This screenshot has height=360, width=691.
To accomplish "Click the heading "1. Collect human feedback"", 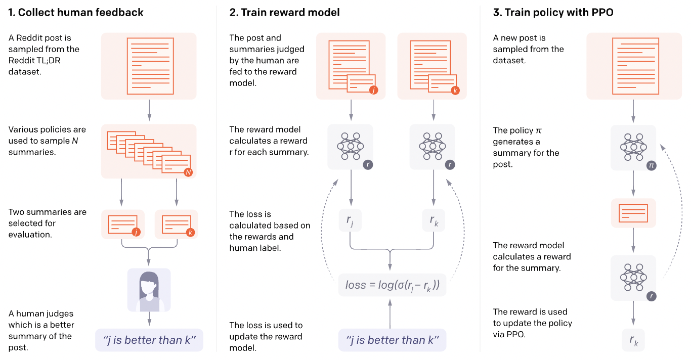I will (76, 13).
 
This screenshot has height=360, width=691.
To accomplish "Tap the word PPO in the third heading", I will (602, 13).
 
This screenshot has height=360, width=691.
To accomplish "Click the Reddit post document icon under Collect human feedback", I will (149, 66).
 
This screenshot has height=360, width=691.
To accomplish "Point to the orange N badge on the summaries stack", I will (188, 172).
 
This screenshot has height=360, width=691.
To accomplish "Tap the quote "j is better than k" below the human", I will (149, 340).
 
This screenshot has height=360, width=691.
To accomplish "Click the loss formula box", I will (392, 285).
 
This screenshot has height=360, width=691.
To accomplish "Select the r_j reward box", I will (350, 220).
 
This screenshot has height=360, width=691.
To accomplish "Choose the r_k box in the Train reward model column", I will (434, 220).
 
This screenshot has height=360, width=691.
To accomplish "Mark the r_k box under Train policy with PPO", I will (633, 340).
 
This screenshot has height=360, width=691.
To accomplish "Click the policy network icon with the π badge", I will (633, 147).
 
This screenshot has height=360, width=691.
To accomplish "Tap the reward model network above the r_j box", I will (350, 147).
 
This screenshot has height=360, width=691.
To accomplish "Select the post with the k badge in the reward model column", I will (433, 66).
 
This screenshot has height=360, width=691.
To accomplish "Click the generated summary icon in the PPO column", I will (633, 212).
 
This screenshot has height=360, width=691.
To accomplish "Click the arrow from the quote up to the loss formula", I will (390, 313).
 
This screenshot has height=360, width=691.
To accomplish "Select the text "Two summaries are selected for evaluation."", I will (48, 223).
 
